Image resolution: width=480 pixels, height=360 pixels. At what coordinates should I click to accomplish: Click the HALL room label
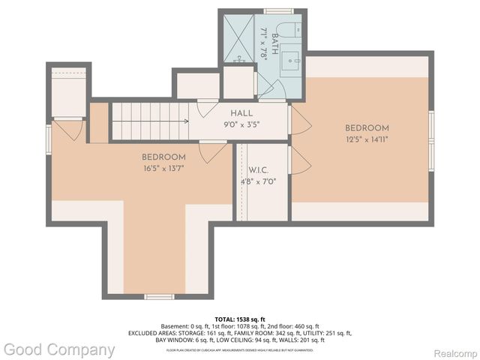pos(241,112)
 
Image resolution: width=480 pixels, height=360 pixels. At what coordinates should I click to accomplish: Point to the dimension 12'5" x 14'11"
pos(367,139)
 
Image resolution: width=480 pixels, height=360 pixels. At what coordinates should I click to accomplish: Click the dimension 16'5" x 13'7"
pos(163,168)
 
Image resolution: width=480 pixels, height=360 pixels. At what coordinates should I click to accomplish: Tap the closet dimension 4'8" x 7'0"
pos(253,181)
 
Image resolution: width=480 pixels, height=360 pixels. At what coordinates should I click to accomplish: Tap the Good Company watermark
pos(59,349)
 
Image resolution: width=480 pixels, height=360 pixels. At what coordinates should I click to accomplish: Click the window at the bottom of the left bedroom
pos(159,297)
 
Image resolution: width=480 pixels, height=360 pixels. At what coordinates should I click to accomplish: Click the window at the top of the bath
pos(277,10)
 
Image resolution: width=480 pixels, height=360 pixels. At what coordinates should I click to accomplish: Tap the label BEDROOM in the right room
pos(367,128)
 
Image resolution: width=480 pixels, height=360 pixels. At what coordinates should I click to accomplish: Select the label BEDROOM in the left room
pos(163,157)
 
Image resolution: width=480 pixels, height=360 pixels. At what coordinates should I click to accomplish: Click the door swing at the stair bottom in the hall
pos(207,107)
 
